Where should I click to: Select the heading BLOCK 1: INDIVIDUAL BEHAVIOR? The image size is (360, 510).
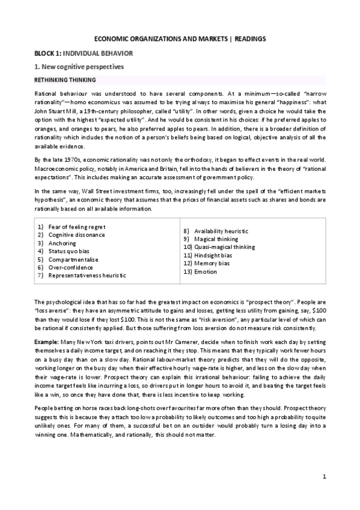(83, 54)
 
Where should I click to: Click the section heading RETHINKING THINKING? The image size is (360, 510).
(66, 79)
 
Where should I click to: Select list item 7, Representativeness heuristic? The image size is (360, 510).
(87, 275)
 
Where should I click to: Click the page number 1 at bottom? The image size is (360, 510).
(324, 477)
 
